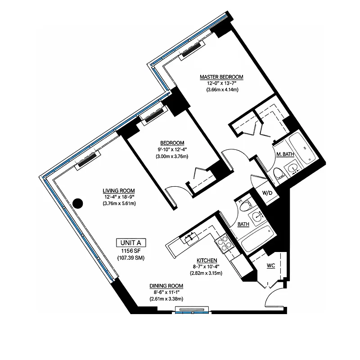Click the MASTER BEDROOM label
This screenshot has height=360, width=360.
tap(221, 77)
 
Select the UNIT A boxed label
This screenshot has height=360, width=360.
tap(132, 242)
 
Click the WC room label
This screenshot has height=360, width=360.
tap(270, 265)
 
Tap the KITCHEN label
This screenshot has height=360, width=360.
tap(207, 261)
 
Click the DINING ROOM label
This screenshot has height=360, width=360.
tap(166, 286)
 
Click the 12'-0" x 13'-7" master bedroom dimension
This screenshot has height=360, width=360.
tap(221, 83)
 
